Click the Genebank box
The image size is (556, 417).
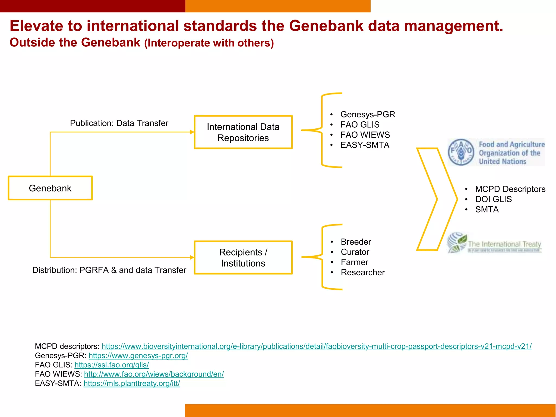click(50, 188)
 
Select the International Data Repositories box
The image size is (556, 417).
click(243, 132)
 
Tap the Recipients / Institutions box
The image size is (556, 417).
click(243, 257)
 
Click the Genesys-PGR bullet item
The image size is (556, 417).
click(368, 114)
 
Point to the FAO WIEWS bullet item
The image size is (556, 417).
click(365, 135)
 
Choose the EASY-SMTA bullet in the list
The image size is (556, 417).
click(365, 145)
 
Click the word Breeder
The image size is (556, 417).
click(356, 242)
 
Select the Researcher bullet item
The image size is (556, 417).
click(363, 272)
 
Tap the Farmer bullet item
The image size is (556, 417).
click(354, 262)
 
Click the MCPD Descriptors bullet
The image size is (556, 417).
click(510, 189)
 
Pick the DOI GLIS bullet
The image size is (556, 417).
click(493, 199)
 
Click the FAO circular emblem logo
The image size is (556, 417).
click(461, 152)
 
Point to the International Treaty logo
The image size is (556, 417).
click(494, 243)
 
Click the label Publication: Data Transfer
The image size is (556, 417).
click(119, 123)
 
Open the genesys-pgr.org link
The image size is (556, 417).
click(138, 356)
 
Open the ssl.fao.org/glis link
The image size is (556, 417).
click(112, 365)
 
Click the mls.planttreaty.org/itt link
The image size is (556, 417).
click(132, 383)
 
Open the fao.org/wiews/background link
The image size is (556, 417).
click(154, 374)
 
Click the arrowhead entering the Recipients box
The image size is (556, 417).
click(192, 257)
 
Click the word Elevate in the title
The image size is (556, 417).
click(36, 26)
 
